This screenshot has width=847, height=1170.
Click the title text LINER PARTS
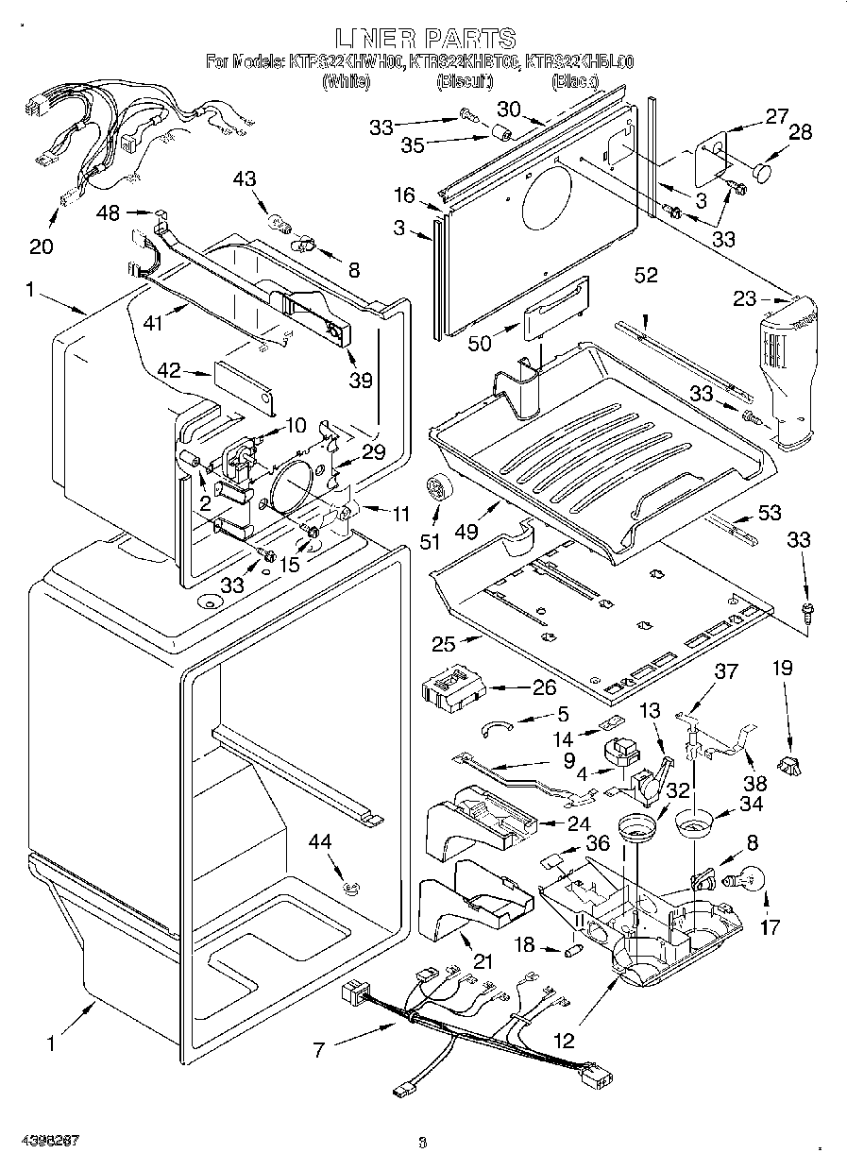[x=425, y=39]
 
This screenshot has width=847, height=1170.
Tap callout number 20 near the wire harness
[x=41, y=246]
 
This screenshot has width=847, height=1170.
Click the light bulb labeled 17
[x=747, y=881]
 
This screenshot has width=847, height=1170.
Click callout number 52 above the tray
[x=646, y=276]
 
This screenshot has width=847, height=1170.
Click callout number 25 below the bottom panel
[x=444, y=645]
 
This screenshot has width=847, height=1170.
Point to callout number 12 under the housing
[x=564, y=1042]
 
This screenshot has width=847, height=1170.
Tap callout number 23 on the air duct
[x=745, y=299]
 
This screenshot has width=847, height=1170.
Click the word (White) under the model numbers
[x=340, y=82]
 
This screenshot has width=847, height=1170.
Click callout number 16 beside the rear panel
[x=404, y=195]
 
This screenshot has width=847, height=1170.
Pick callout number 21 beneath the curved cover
[x=483, y=961]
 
